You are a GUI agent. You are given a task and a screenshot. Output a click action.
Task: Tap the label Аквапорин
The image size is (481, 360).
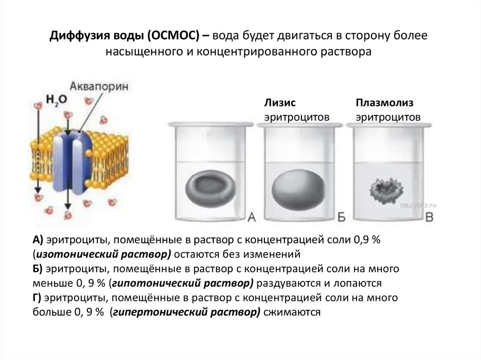point(99,86)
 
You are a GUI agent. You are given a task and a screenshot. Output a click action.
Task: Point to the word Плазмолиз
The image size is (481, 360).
point(385,103)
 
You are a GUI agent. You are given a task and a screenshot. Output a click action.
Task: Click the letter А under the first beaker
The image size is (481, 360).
point(251,217)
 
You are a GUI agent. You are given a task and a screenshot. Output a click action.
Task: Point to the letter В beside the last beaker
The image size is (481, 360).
point(429,217)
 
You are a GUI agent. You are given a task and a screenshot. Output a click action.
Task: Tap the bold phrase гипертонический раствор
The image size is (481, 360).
point(185,313)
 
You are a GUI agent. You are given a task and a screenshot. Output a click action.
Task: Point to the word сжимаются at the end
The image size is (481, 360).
point(292,313)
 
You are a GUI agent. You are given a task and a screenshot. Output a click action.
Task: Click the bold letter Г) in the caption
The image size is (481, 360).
point(38,299)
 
